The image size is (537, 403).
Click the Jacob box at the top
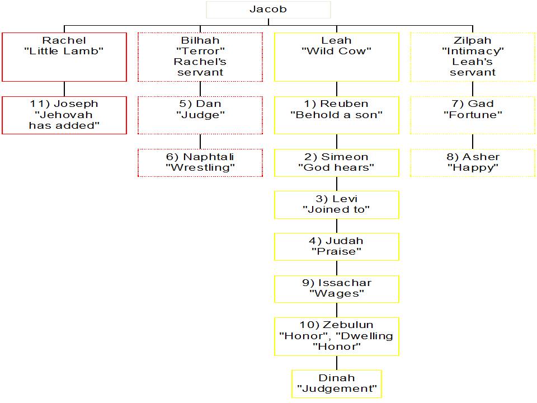pos(268,10)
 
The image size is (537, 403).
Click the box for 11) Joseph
pos(64,115)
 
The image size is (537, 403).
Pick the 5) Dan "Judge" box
pos(200,115)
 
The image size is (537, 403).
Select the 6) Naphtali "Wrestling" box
pos(200,162)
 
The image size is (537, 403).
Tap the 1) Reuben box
pos(336,115)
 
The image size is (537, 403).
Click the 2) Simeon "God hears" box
pos(336,162)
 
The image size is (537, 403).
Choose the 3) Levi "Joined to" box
pos(336,204)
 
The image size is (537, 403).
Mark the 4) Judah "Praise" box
pos(336,246)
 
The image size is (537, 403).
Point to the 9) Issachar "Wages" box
pos(336,288)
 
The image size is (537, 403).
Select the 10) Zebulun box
pos(336,336)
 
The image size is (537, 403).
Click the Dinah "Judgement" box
pos(336,383)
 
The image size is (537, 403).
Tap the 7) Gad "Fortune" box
pos(473,115)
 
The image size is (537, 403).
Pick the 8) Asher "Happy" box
pos(473,162)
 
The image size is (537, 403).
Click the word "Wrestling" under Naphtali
pos(200,167)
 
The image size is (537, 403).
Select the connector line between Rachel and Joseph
pos(64,89)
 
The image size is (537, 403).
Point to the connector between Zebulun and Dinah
pos(336,363)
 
